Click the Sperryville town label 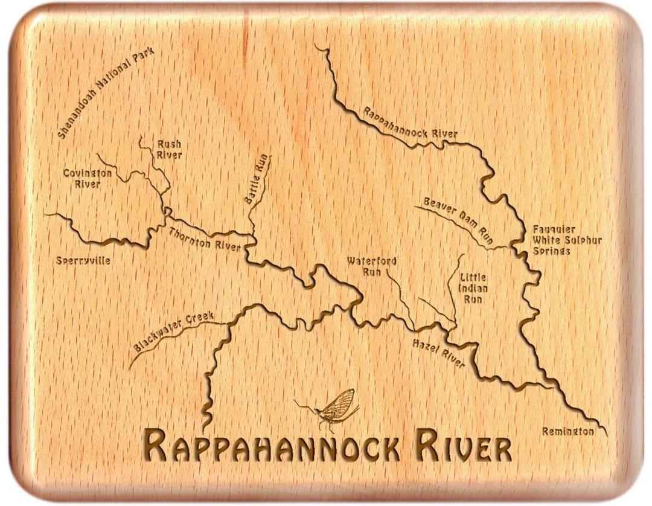83,261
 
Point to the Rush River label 170,149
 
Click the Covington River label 88,179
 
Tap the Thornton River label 204,240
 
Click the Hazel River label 438,353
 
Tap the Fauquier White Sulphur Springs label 567,240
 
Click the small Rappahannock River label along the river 409,124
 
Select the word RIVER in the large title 462,447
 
